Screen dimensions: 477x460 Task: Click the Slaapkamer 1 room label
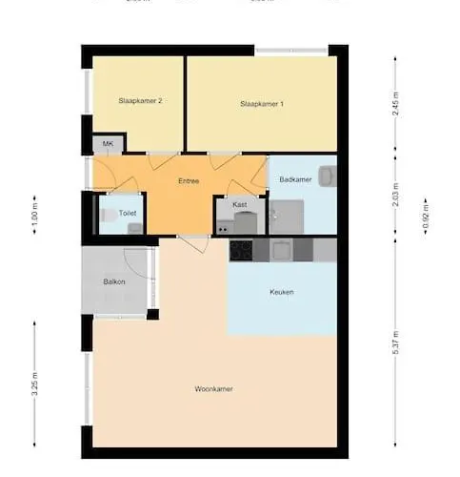[x=262, y=103]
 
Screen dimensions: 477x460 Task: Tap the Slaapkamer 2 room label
[x=137, y=100]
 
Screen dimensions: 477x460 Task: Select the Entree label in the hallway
[x=189, y=180]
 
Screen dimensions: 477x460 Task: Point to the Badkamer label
[x=296, y=179]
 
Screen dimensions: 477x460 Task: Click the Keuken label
[x=281, y=292]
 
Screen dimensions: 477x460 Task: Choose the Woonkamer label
[x=213, y=388]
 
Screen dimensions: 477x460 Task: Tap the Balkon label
[x=115, y=282]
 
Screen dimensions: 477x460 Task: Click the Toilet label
[x=114, y=214]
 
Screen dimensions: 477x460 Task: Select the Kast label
[x=240, y=204]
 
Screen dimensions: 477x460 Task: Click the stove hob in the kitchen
[x=240, y=250]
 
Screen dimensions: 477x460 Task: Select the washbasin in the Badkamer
[x=327, y=176]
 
